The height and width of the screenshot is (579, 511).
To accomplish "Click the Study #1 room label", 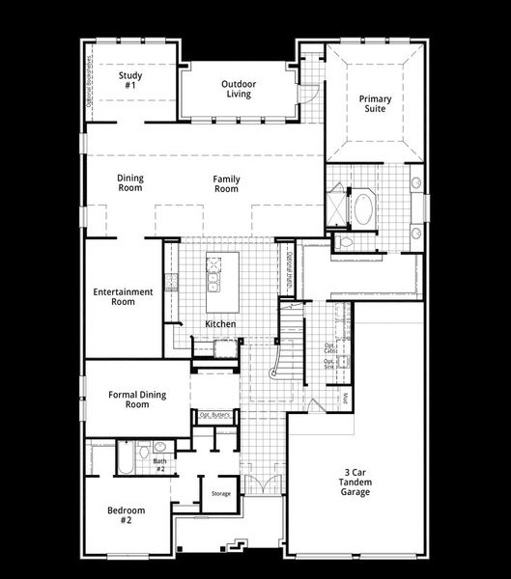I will (x=130, y=80).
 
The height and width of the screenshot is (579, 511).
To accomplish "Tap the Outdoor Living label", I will (x=237, y=89).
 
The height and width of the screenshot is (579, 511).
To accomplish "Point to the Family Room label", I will (x=226, y=183).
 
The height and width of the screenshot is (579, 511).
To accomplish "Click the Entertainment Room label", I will (x=123, y=296).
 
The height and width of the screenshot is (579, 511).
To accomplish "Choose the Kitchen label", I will (x=219, y=324).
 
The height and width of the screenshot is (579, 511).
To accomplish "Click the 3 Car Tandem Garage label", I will (x=355, y=482).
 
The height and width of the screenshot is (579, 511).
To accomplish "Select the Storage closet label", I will (x=221, y=493).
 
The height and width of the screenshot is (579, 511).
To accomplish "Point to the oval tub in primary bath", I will (x=365, y=208).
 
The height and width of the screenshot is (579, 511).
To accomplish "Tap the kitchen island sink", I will (x=213, y=281).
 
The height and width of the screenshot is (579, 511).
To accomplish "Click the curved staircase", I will (x=279, y=358).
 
